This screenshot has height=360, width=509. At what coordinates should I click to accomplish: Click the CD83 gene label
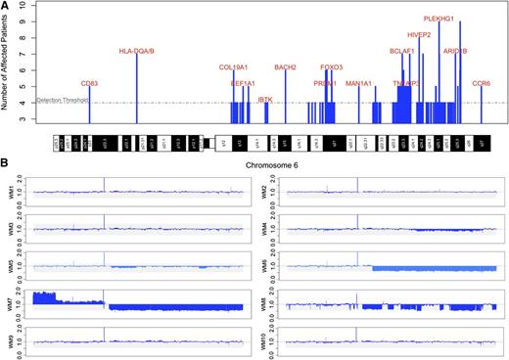[89, 84]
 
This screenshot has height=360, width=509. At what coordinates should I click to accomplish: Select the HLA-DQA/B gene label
[136, 51]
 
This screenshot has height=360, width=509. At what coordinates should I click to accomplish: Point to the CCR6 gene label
[482, 84]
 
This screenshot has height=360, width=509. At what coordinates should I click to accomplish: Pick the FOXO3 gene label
[332, 67]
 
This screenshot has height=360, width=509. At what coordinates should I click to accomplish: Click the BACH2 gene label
[285, 67]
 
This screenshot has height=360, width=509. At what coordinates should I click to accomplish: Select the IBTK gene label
[265, 99]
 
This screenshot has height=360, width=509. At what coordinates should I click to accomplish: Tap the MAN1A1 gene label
[359, 84]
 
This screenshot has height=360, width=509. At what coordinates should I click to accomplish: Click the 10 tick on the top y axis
[24, 6]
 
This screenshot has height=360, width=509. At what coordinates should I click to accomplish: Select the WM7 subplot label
[8, 296]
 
